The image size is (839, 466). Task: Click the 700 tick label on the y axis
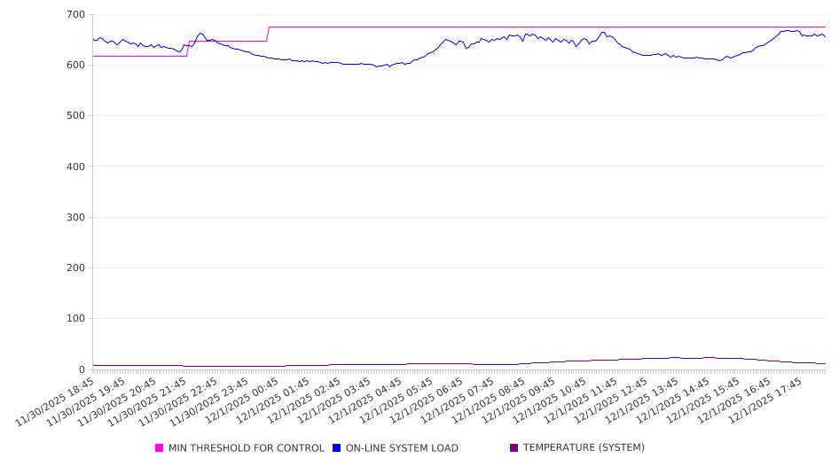[x=75, y=15]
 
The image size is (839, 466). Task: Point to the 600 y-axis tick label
[x=75, y=66]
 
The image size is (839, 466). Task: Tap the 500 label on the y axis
[x=75, y=116]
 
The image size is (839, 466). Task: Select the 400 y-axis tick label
[x=75, y=167]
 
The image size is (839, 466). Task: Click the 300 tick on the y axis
[x=75, y=217]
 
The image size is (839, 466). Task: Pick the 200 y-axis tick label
[x=75, y=268]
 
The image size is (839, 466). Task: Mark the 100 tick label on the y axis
[x=75, y=319]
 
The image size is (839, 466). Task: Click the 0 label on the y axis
[x=81, y=369]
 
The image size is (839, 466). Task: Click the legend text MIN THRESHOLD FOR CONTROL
[x=246, y=448]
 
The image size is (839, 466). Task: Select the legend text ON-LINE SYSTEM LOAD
[x=402, y=448]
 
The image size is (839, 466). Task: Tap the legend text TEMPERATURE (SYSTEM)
[x=584, y=448]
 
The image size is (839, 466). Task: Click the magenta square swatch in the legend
[x=160, y=448]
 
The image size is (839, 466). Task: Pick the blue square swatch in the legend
[x=337, y=448]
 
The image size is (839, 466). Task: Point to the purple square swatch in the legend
[x=514, y=448]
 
